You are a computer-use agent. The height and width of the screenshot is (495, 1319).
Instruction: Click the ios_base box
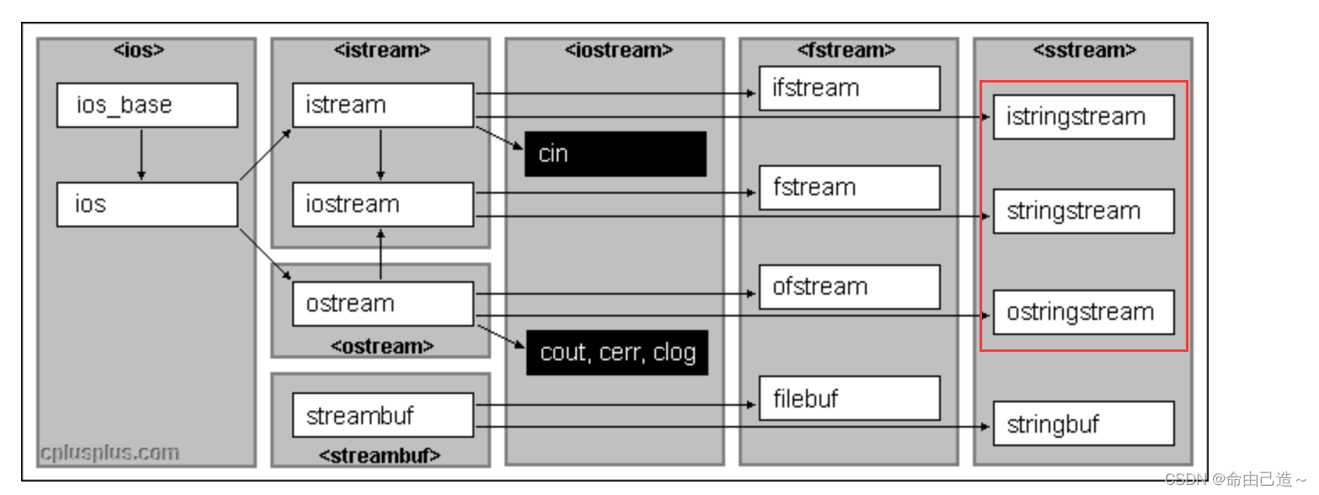tap(147, 105)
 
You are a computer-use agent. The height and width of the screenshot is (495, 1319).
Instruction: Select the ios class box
tap(147, 205)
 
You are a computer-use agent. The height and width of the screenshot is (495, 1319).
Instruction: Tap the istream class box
tap(383, 105)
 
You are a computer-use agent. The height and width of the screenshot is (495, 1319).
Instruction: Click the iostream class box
tap(383, 205)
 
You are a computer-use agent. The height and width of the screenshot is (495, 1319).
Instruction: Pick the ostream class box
tap(383, 304)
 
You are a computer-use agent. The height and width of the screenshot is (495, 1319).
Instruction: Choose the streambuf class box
tap(383, 416)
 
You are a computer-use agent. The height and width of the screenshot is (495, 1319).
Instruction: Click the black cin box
tap(615, 154)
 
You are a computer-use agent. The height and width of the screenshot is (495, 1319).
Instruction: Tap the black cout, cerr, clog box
tap(617, 353)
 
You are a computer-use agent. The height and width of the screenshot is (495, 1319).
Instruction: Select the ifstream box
tap(849, 88)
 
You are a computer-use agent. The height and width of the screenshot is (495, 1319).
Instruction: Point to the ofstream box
tap(849, 287)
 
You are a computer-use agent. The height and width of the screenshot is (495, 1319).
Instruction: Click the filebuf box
tap(849, 398)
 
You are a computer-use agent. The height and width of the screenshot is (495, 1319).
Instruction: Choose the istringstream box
tap(1083, 117)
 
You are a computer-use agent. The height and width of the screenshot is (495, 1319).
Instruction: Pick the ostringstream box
tap(1083, 312)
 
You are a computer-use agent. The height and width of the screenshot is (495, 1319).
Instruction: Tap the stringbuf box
tap(1083, 423)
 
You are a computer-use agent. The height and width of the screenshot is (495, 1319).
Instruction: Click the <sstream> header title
tap(1084, 51)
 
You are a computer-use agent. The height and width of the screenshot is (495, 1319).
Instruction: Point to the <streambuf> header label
tap(380, 455)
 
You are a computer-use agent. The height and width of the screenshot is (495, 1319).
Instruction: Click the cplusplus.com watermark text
tap(109, 453)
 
